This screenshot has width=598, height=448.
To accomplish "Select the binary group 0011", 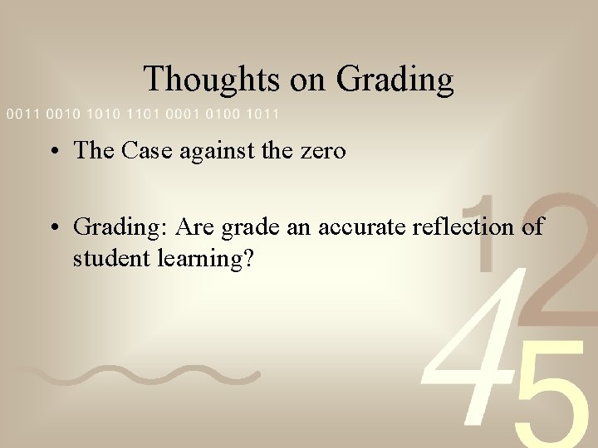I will click(23, 113).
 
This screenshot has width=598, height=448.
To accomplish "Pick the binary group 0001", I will click(184, 113).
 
